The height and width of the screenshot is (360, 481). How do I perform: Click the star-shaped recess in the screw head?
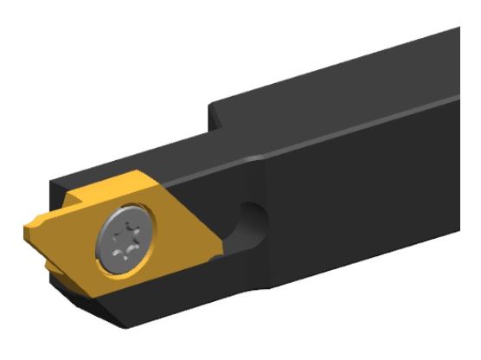[125, 240]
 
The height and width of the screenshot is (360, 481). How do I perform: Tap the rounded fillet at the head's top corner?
[251, 160]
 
